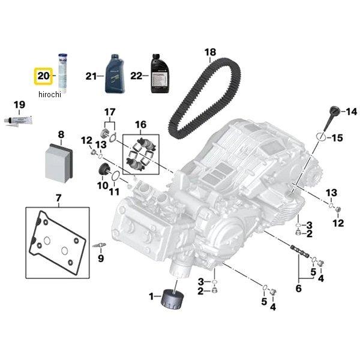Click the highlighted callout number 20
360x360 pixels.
coord(43,76)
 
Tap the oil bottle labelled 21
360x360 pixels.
coord(116,74)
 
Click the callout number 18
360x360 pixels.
coord(209,53)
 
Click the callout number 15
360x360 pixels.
coord(337,138)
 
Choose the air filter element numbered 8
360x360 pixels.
coord(60,161)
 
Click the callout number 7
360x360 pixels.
coord(58,198)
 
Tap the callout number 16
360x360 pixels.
coord(140,125)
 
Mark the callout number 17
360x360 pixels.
coord(109,112)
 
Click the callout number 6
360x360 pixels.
coord(298,288)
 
